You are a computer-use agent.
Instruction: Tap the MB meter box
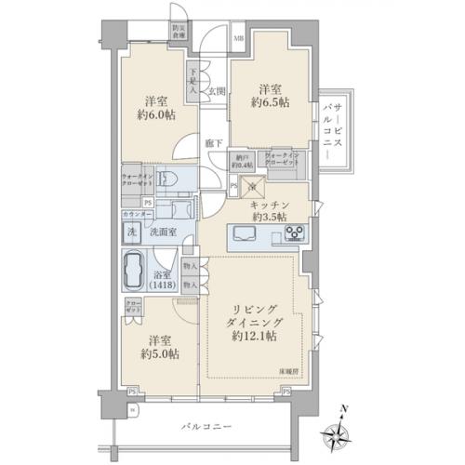[237, 38]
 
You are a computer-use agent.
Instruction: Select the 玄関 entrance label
[217, 91]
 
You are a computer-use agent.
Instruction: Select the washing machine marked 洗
[132, 230]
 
